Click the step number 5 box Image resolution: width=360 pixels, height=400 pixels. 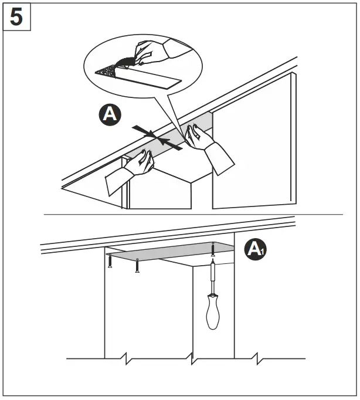(x=17, y=17)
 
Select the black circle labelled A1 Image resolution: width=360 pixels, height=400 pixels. (x=254, y=249)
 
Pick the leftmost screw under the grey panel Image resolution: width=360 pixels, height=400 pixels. (x=110, y=260)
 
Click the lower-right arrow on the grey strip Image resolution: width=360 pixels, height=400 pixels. (x=170, y=144)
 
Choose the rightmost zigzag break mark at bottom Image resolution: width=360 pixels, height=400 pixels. (x=256, y=357)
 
